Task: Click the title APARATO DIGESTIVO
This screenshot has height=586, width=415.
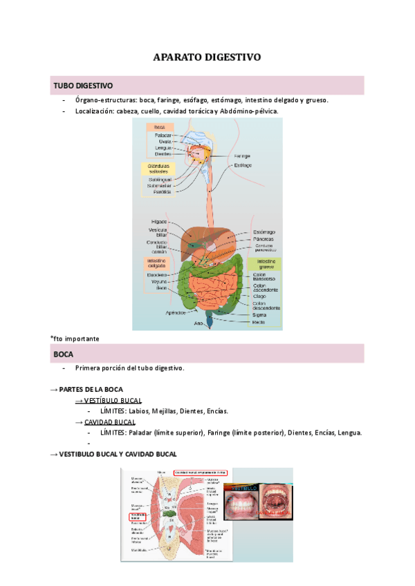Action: pyautogui.click(x=207, y=57)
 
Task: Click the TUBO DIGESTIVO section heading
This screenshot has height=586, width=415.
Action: pyautogui.click(x=83, y=86)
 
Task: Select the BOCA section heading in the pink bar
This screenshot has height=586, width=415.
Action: pyautogui.click(x=64, y=354)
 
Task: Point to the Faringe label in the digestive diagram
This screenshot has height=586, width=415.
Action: pyautogui.click(x=242, y=156)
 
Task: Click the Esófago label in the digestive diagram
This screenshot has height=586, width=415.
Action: pyautogui.click(x=243, y=166)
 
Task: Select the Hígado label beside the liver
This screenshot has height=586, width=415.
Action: pyautogui.click(x=159, y=222)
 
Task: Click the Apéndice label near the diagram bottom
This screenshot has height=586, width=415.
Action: pyautogui.click(x=176, y=312)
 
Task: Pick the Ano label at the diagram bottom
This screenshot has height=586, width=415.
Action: pyautogui.click(x=199, y=322)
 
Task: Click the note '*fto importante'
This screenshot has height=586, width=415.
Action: pyautogui.click(x=75, y=339)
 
